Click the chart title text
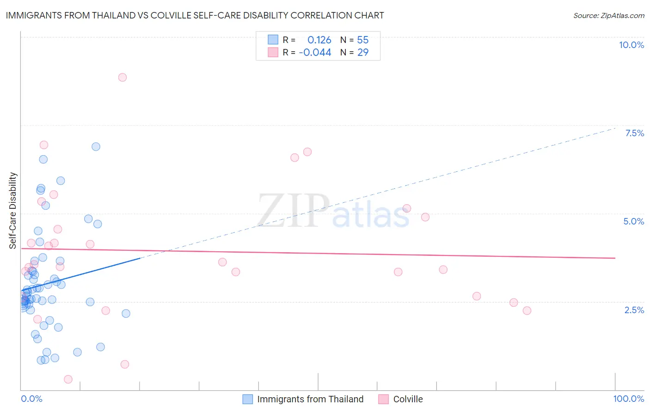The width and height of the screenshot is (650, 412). pos(195,15)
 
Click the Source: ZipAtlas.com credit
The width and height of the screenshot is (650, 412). pos(608,15)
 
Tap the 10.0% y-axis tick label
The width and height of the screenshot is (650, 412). pos(631,45)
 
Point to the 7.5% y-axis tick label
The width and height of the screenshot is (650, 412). pos(634,133)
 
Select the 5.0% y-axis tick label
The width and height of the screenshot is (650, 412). pos(633,221)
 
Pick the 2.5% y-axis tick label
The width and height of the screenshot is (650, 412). pos(634,310)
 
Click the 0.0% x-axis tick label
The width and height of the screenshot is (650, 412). pos(31,399)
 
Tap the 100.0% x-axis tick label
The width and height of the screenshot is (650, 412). pos(628,399)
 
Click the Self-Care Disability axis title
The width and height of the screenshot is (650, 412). pos(13,211)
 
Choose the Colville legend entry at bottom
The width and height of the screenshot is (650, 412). pos(408,399)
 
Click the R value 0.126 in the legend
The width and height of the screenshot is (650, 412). pos(319,40)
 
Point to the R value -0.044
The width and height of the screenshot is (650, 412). pos(315,53)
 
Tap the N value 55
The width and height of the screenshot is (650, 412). pos(363,40)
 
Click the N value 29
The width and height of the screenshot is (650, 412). pos(363,53)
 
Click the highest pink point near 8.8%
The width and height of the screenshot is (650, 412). pos(123,77)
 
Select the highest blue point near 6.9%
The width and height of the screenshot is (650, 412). pos(96,146)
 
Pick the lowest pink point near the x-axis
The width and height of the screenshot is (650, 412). pos(68,379)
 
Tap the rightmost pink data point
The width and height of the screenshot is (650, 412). pos(527,310)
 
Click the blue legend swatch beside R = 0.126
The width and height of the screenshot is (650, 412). pos(273,40)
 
